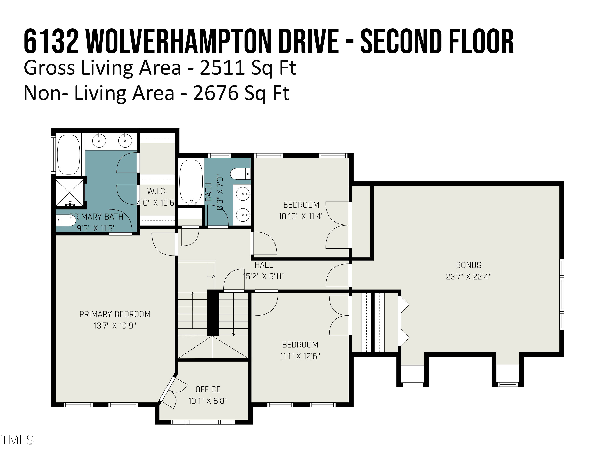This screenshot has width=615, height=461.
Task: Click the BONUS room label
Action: coord(468,265)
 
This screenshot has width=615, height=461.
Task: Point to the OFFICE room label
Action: coord(208,389)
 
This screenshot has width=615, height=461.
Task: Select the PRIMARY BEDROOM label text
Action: coord(115,314)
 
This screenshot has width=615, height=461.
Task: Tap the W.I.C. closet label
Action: coord(157,191)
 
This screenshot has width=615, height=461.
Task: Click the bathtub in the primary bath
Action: coord(68,154)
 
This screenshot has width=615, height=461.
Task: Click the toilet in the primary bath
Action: coord(66,220)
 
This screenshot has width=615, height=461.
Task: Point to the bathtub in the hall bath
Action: coord(191,182)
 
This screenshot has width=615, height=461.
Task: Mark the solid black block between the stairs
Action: coord(213,313)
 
